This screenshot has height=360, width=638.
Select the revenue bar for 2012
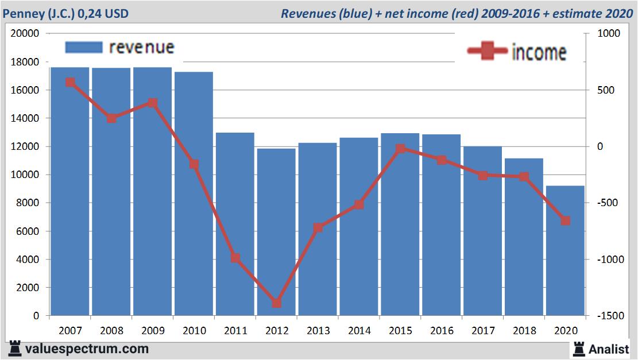coord(276,232)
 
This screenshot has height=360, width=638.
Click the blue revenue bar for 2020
coord(565,250)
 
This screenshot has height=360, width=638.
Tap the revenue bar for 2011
coord(235,224)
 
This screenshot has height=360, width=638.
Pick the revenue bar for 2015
coord(400,224)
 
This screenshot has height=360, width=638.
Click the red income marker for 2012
coord(276,303)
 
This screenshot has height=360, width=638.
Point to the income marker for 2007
coord(70,82)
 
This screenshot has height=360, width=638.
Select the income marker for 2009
coord(153,103)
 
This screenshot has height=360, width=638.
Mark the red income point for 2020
coord(565,220)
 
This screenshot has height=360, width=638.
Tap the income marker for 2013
coord(318,228)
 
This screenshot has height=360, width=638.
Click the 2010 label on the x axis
coord(194,331)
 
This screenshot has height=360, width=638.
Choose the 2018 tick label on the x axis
coord(524,331)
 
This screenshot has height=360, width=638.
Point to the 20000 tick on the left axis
coord(25,34)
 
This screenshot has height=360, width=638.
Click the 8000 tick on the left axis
coord(28,203)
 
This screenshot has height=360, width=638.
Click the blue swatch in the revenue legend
coord(83,47)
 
